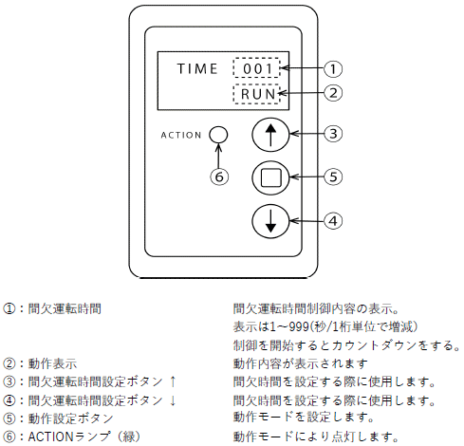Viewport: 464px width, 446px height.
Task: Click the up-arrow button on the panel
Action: (x=270, y=135)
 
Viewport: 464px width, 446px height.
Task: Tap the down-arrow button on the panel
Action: (x=270, y=221)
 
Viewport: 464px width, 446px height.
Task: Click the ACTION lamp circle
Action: (x=218, y=135)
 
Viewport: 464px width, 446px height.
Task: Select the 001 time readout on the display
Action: (x=257, y=68)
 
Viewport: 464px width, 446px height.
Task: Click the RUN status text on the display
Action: (x=258, y=94)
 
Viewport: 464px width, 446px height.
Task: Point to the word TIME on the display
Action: (x=197, y=68)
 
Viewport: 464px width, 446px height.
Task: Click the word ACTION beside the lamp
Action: (x=181, y=135)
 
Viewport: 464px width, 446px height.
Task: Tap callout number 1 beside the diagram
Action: (x=333, y=68)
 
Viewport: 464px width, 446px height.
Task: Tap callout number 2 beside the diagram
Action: (x=333, y=93)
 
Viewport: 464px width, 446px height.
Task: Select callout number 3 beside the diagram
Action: (x=333, y=134)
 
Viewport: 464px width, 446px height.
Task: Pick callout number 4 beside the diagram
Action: (x=333, y=221)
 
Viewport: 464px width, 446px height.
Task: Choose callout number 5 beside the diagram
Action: (x=333, y=177)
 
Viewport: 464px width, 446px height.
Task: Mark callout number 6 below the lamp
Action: (x=219, y=177)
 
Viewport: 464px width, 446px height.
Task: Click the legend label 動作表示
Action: (x=52, y=363)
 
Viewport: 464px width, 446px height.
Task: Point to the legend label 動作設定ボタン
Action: (x=70, y=418)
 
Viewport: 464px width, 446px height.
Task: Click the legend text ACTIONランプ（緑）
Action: (x=84, y=437)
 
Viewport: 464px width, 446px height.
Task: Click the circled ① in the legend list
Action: (x=9, y=308)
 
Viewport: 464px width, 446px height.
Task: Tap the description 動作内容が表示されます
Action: (x=301, y=363)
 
